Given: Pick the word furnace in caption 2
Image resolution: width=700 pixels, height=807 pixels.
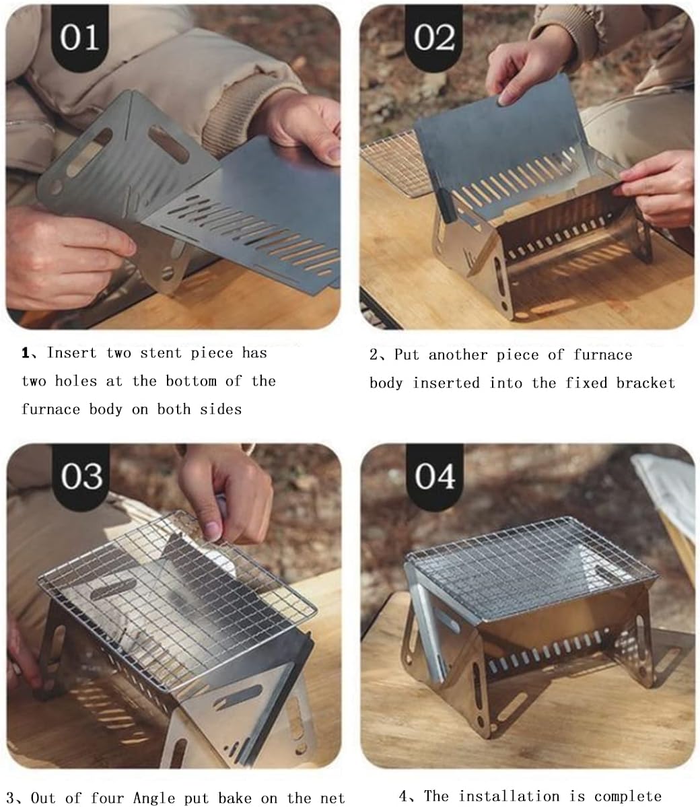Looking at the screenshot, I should tap(603, 355).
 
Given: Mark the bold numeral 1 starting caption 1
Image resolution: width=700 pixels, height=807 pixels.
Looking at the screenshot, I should tap(26, 353).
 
